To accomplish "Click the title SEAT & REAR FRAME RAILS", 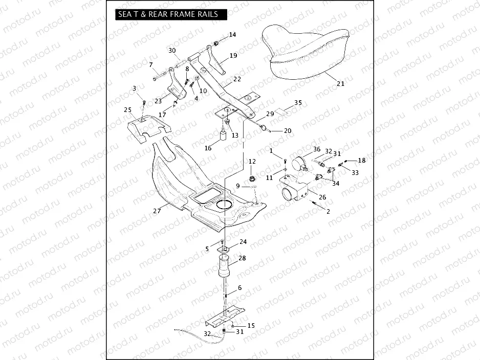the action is [x=168, y=14].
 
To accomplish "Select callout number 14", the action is [x=232, y=35].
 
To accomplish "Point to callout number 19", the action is [x=233, y=56].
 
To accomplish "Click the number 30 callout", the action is [x=172, y=50].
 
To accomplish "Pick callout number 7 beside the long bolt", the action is [x=151, y=64].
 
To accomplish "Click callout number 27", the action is [x=157, y=210].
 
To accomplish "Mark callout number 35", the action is [x=298, y=102].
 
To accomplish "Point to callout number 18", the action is [x=362, y=161].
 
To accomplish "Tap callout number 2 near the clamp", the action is [x=328, y=211].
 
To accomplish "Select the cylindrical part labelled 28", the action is [x=225, y=268].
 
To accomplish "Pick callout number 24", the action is [x=243, y=242].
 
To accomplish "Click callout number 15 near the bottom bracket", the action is [x=251, y=325].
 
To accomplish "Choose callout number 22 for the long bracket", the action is [x=237, y=79].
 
